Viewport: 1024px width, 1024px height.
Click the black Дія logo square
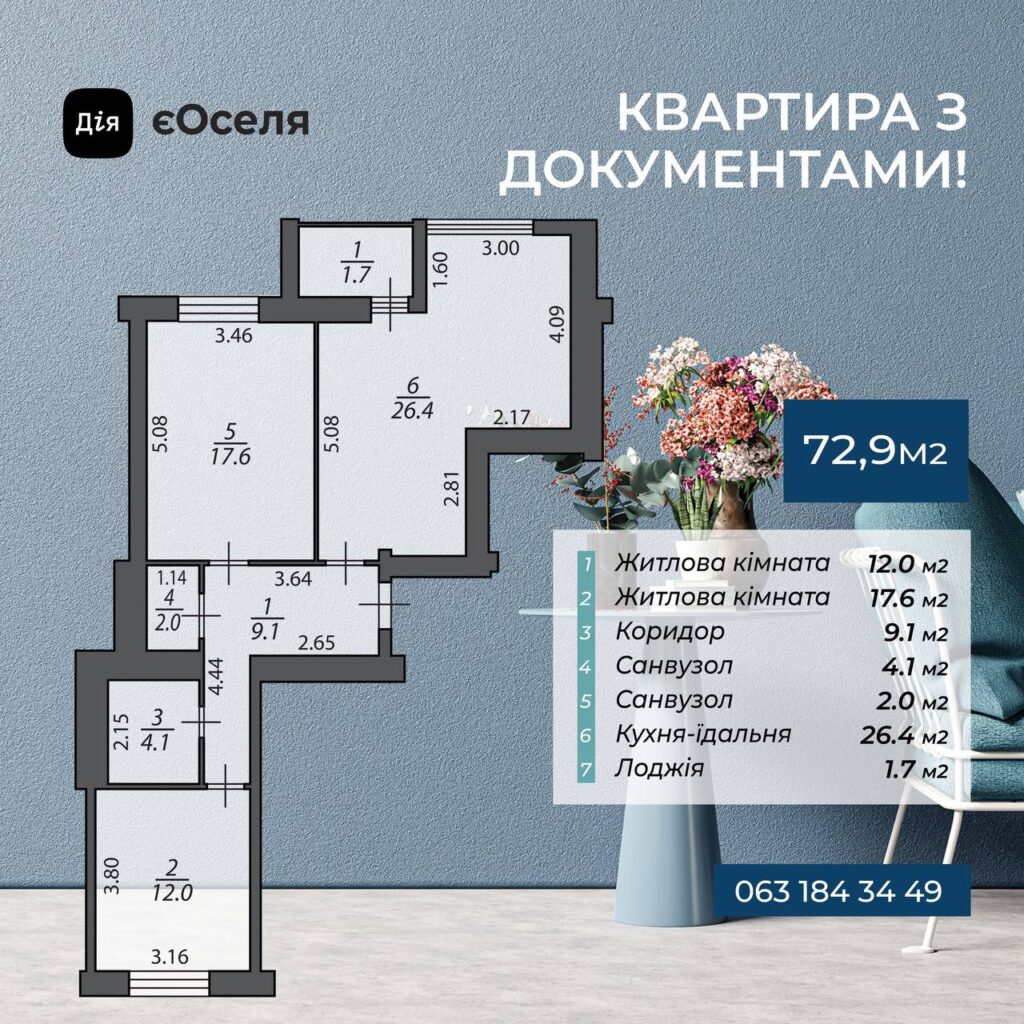97,123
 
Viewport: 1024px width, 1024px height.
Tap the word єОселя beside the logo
231,121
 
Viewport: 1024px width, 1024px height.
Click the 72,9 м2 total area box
876,451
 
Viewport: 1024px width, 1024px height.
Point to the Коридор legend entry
670,631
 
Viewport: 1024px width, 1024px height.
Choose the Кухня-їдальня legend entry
703,733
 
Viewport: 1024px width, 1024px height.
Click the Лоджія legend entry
659,768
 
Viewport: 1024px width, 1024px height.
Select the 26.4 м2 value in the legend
903,735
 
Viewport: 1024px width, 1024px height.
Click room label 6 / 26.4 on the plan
413,398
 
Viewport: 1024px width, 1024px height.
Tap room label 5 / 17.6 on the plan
231,444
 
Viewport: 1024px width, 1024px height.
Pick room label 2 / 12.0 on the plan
173,881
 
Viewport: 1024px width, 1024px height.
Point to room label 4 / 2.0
168,610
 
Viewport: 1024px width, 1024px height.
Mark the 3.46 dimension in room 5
234,336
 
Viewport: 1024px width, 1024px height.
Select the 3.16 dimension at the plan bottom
170,957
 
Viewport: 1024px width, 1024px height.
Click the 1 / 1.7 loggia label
357,261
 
